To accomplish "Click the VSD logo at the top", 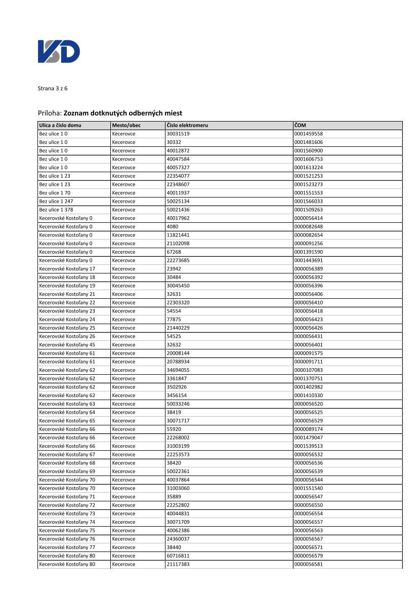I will [x=59, y=52].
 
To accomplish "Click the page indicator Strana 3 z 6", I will [x=53, y=89].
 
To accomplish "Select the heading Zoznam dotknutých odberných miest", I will [x=123, y=113].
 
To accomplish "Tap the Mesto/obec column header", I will [x=127, y=125].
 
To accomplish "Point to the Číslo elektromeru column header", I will [x=187, y=125].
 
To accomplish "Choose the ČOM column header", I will [x=300, y=125].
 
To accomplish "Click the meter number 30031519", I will [x=178, y=134].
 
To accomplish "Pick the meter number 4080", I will [x=172, y=226].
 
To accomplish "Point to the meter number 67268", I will [x=174, y=252].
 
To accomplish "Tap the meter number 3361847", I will [x=177, y=378].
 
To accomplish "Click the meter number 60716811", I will [x=178, y=556].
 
